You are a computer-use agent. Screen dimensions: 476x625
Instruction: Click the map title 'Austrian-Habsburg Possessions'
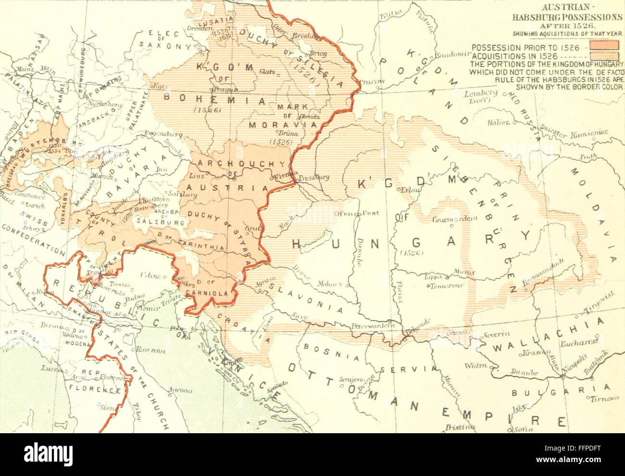[567, 13]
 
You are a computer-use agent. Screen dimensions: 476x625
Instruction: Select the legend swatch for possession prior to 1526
[604, 46]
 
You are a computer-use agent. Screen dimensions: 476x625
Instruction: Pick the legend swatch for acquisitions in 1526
[604, 56]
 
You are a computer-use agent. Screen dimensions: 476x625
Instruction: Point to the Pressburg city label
[313, 178]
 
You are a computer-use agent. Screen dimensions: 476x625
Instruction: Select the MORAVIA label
[283, 125]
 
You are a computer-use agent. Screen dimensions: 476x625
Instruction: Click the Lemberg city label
[480, 92]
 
